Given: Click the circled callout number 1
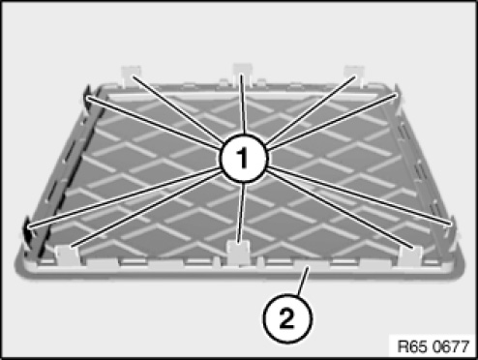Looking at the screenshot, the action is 244,159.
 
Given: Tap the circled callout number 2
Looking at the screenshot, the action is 287,318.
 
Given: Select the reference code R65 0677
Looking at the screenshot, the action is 433,346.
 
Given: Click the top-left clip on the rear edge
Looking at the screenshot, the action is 132,75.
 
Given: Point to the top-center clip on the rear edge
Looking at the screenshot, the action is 243,74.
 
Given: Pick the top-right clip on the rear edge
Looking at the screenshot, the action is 354,75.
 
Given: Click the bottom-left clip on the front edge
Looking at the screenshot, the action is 68,255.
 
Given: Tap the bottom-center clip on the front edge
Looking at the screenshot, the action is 238,253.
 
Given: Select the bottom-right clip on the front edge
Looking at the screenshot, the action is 410,254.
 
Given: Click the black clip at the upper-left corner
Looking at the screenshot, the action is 87,97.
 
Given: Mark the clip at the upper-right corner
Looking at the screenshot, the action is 398,95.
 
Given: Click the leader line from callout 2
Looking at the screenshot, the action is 304,281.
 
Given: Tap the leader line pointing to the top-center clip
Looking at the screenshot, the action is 243,104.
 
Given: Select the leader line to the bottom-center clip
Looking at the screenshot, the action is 241,213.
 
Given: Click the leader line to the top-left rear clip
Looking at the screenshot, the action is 177,109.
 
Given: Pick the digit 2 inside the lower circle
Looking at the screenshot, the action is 287,318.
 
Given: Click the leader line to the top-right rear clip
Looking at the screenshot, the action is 311,110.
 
